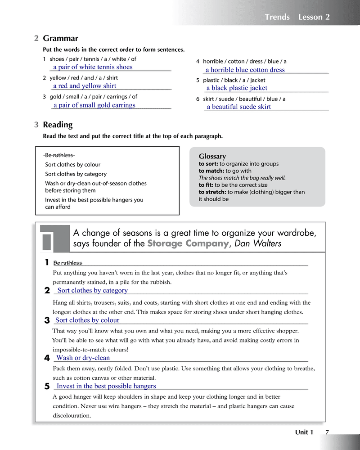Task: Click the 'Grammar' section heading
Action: pyautogui.click(x=60, y=39)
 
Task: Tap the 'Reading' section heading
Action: pyautogui.click(x=58, y=125)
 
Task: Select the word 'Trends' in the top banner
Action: pyautogui.click(x=277, y=17)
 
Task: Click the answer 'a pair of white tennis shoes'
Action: pyautogui.click(x=93, y=67)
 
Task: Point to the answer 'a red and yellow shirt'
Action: pyautogui.click(x=85, y=86)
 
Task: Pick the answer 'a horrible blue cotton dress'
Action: pyautogui.click(x=245, y=70)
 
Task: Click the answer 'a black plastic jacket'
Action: pyautogui.click(x=237, y=88)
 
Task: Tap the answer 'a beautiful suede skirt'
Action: pyautogui.click(x=238, y=107)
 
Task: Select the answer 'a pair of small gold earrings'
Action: pyautogui.click(x=94, y=105)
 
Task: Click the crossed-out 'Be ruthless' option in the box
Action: pyautogui.click(x=59, y=155)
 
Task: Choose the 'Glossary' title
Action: pyautogui.click(x=212, y=156)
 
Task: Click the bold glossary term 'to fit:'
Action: pyautogui.click(x=206, y=185)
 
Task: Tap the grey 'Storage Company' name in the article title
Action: pyautogui.click(x=188, y=244)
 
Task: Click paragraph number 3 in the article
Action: pyautogui.click(x=47, y=321)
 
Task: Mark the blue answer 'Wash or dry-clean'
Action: pyautogui.click(x=83, y=358)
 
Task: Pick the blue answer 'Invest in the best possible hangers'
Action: pyautogui.click(x=106, y=386)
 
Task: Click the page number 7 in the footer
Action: pyautogui.click(x=327, y=432)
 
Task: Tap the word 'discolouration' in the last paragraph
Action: pyautogui.click(x=72, y=416)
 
